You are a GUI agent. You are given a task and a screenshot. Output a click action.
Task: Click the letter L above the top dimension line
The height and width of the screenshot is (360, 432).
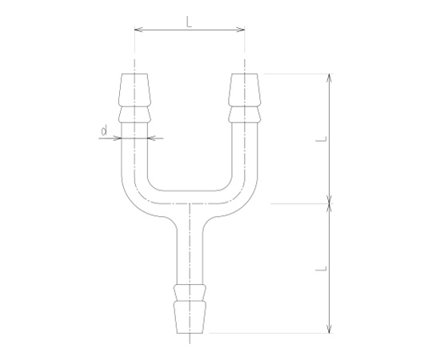[189, 22]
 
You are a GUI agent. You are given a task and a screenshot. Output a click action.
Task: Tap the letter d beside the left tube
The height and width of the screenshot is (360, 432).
[104, 130]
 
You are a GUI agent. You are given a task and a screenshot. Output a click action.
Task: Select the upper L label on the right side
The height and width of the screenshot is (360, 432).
[322, 139]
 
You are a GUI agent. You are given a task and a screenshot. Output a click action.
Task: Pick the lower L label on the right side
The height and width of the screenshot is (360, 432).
[322, 269]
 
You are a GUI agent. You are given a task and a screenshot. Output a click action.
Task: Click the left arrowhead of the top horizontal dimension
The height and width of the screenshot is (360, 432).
[138, 30]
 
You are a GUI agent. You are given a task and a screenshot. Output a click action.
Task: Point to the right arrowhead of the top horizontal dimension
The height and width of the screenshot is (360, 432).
[241, 30]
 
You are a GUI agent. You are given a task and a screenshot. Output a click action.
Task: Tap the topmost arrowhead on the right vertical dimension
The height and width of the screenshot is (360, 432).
[329, 78]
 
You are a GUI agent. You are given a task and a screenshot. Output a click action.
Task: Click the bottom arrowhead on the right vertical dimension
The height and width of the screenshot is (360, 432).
[329, 329]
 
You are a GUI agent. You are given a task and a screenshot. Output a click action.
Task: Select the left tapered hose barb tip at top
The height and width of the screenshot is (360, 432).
[134, 90]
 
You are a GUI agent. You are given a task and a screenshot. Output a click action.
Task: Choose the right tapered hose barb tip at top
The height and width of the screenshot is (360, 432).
[244, 90]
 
